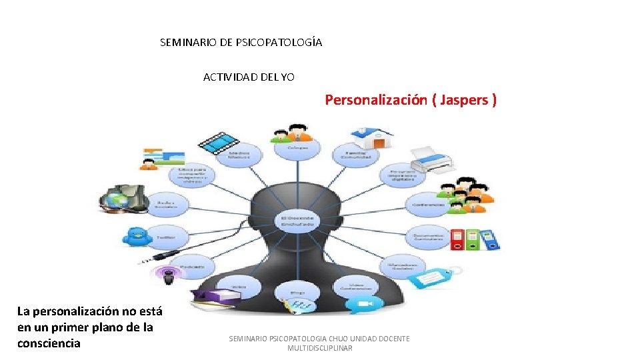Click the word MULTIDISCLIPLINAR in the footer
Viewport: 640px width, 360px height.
click(319, 348)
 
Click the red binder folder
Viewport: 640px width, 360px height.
click(457, 239)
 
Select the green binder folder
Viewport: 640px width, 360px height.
click(473, 239)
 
